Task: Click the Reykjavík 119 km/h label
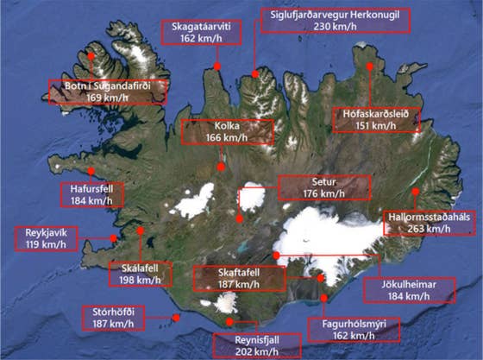[40, 237]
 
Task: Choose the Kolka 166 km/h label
[227, 132]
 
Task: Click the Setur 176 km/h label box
[324, 187]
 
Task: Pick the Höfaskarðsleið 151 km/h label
[375, 118]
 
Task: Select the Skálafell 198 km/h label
[141, 274]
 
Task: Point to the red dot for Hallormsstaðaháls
[416, 192]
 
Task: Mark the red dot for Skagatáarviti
[217, 66]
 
